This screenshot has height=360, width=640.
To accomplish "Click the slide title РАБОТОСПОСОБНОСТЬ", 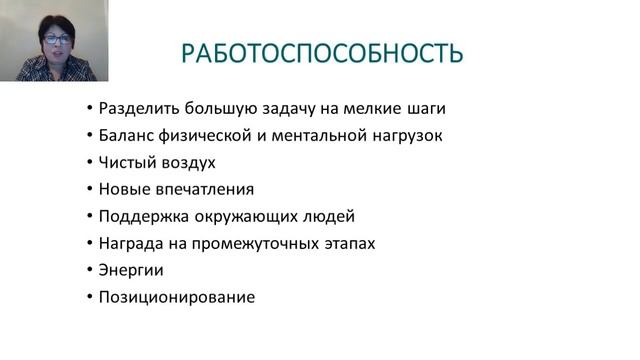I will (322, 52).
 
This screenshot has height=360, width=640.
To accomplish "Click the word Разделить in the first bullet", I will (135, 108).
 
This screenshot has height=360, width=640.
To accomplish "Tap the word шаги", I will (425, 108).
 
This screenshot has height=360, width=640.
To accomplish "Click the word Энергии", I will (131, 270).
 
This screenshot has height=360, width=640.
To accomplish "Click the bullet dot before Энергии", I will (90, 270).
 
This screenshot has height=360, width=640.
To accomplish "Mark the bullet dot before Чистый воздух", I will (90, 162).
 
